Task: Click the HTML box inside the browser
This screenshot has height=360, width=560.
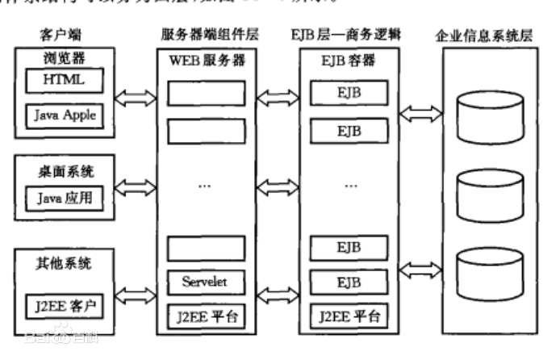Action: point(64,81)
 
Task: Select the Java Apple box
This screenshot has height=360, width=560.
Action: point(65,115)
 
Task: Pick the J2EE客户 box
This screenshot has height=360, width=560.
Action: point(64,308)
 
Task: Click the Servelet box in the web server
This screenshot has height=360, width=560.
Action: point(203,282)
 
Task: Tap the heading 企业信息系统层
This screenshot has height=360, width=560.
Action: point(485,36)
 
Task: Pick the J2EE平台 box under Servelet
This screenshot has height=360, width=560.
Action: point(203,314)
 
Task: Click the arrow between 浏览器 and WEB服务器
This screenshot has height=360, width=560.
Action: point(133,99)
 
